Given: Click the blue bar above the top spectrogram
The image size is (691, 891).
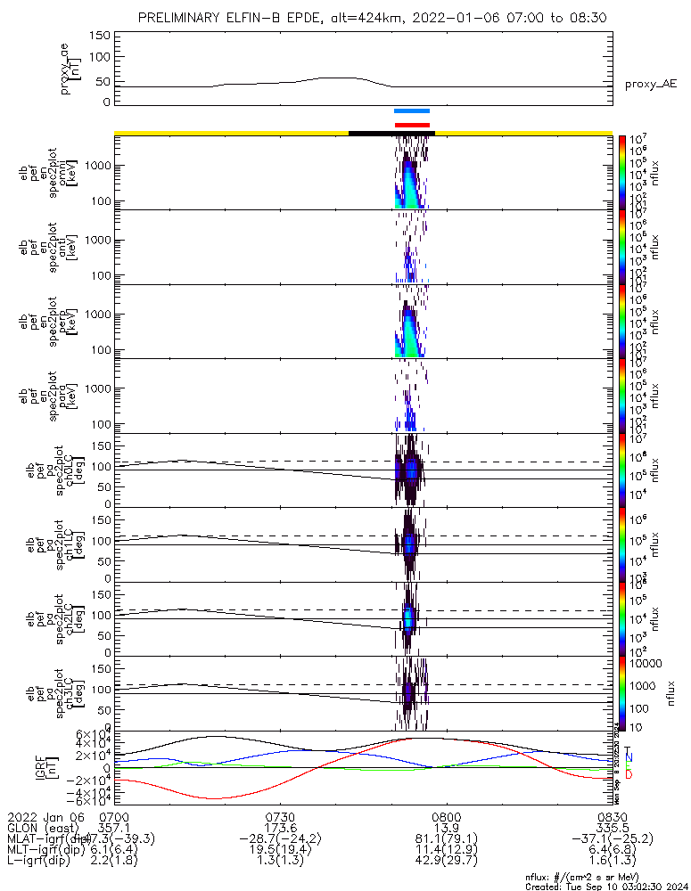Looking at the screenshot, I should (x=412, y=111).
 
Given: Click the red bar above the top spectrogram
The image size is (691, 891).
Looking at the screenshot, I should (x=412, y=125).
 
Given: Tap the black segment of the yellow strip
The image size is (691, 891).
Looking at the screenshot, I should (x=391, y=133).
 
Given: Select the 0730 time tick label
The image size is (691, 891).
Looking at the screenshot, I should (x=281, y=816).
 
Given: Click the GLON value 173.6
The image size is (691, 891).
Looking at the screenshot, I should (x=281, y=828).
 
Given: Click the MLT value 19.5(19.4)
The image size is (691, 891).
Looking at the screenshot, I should (x=281, y=851).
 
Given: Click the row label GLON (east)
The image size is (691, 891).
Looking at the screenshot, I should (x=43, y=828).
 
